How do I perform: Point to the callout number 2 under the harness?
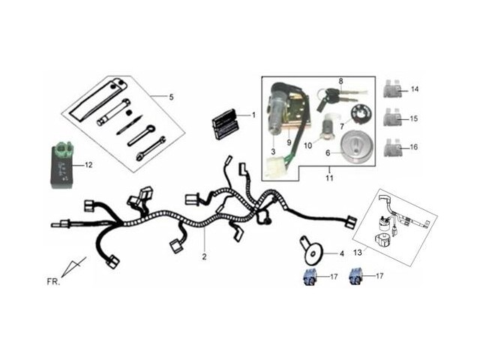204,256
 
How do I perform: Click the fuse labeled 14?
394,90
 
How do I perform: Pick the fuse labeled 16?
394,147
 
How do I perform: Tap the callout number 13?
358,253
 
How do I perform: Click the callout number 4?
341,253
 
